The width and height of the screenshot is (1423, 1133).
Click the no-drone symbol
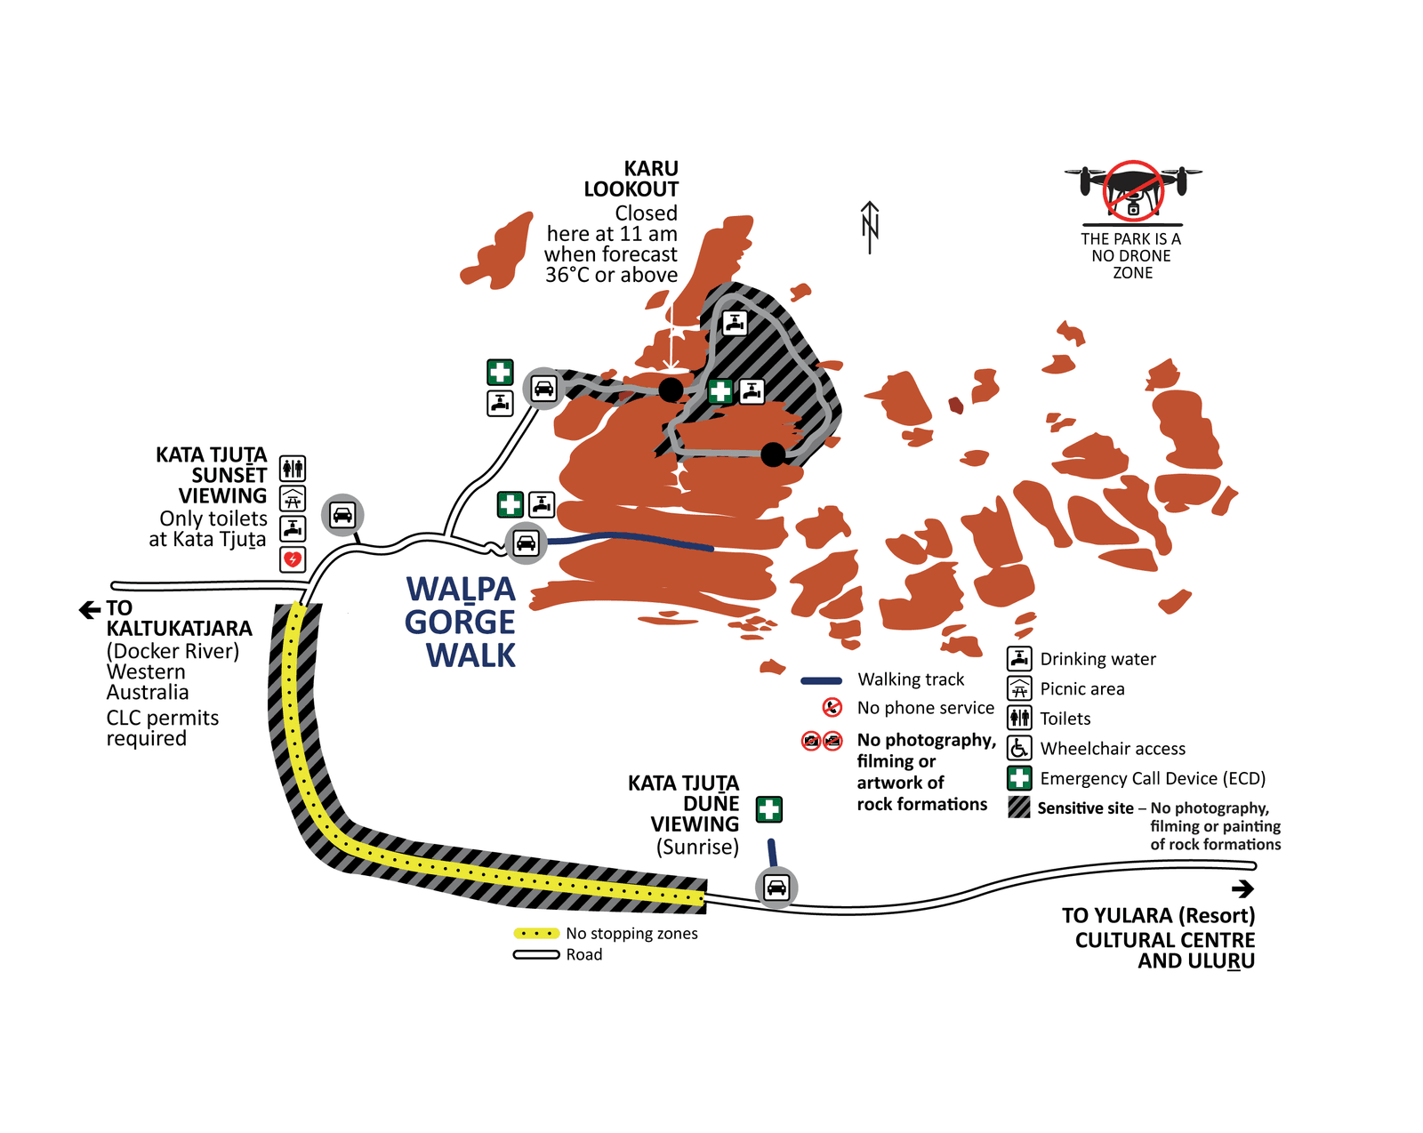point(1133,189)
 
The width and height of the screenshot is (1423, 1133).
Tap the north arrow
point(870,228)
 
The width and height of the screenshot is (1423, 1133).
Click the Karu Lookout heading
point(631,179)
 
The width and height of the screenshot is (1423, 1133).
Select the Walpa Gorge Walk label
point(461,622)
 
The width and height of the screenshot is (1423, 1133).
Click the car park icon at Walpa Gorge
point(526,542)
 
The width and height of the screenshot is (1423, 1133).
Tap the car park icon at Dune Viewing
point(776,887)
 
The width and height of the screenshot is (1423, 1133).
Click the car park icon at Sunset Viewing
point(342,514)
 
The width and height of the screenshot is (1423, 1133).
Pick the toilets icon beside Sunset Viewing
point(293,468)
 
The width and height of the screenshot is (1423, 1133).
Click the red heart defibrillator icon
point(293,559)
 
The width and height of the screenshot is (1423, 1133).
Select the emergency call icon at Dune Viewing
point(769,809)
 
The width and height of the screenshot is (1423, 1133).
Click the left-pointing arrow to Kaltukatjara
point(90,609)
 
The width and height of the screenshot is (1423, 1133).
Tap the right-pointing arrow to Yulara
point(1242,888)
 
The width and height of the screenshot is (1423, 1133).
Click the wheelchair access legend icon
point(1019,748)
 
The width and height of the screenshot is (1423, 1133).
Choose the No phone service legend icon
point(832,708)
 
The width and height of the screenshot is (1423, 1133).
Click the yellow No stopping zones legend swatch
point(536,934)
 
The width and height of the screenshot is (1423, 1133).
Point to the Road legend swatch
point(536,955)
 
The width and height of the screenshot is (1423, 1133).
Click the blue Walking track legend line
point(821,680)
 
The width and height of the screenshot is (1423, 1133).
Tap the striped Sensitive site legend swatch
point(1019,808)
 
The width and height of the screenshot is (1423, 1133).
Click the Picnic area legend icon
point(1019,688)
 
